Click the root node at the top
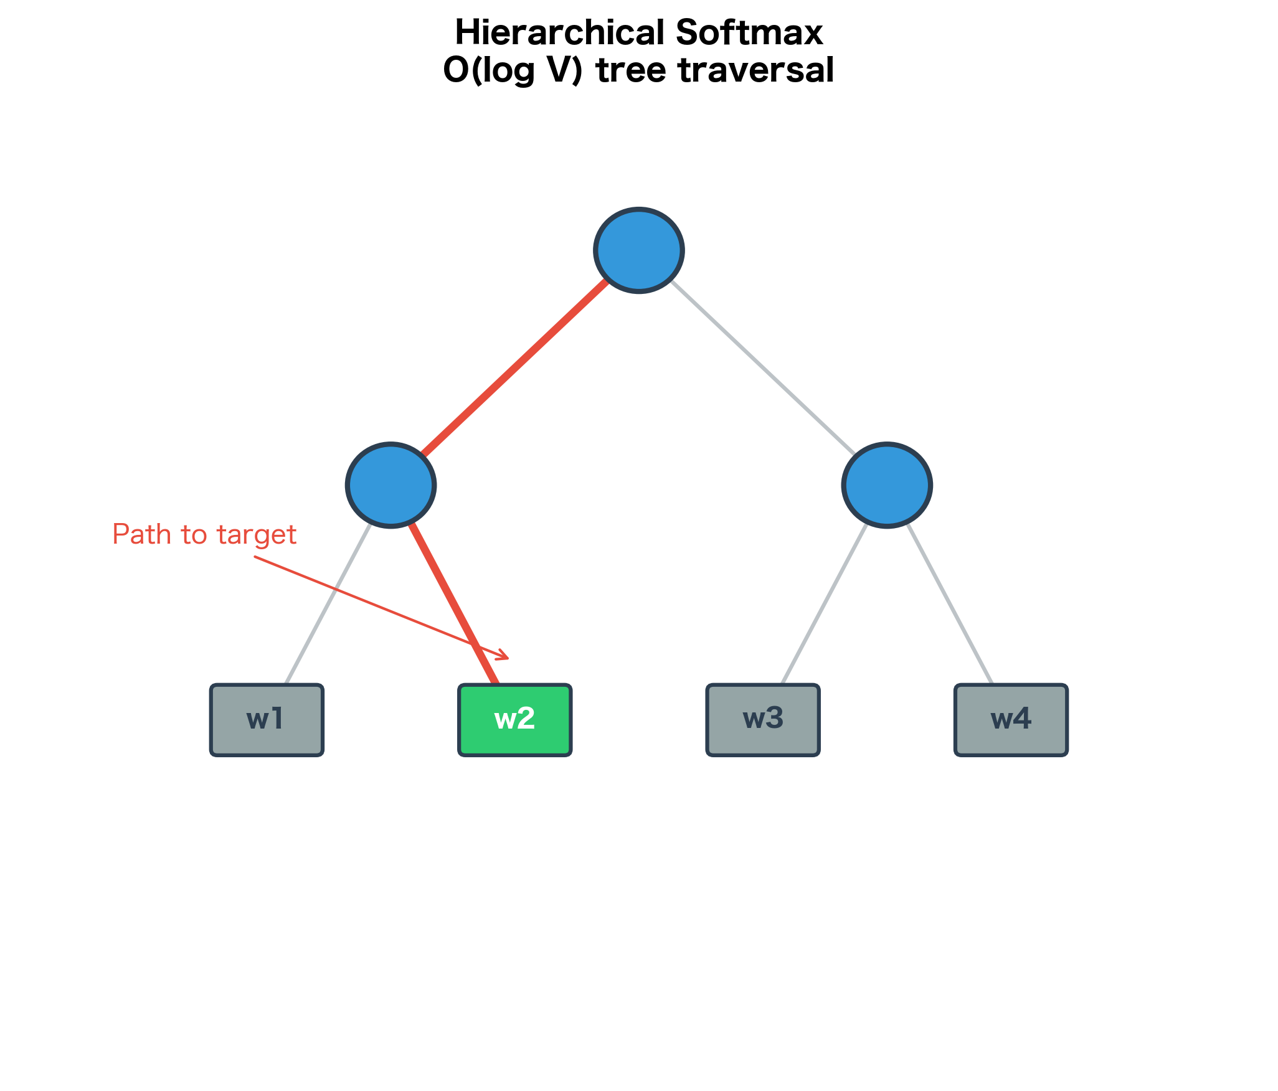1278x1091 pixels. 639,250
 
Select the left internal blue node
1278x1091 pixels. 391,485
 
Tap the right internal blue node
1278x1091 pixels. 887,485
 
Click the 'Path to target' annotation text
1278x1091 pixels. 204,535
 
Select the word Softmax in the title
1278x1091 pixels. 749,32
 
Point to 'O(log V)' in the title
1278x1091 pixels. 513,70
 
